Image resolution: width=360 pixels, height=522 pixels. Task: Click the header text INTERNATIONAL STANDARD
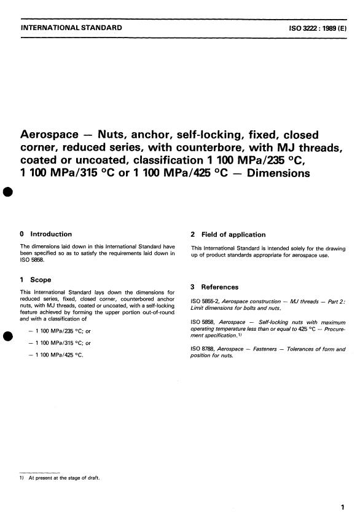(x=71, y=28)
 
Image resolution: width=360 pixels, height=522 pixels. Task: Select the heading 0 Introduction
(x=46, y=234)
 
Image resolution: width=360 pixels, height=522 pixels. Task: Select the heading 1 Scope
(x=36, y=280)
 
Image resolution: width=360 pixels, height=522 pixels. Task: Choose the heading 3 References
(x=215, y=287)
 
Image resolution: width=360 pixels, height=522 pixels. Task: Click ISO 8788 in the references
(x=201, y=349)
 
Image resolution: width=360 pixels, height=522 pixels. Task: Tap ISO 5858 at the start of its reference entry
(x=201, y=322)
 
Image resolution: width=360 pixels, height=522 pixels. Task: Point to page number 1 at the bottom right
(x=342, y=508)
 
